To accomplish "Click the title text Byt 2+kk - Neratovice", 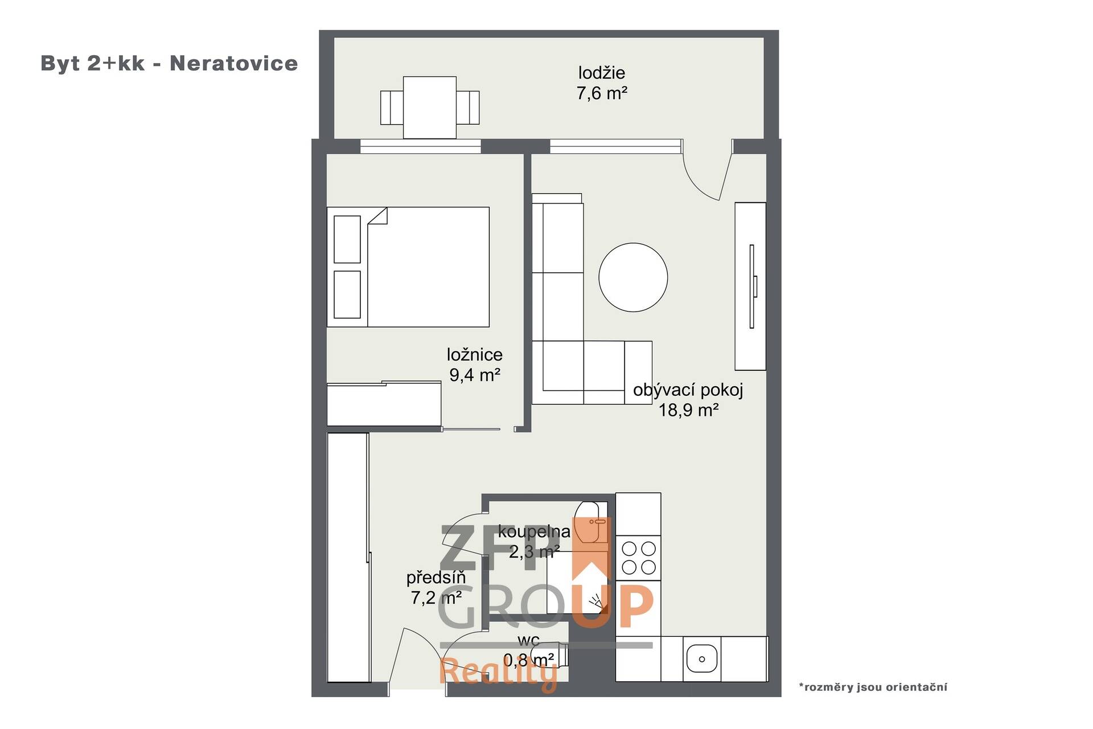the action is click(169, 63).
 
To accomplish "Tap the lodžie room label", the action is click(602, 73).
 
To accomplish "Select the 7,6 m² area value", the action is click(602, 93).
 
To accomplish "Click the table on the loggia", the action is click(430, 108).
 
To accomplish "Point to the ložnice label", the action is click(475, 355).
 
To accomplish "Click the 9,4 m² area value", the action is click(475, 375).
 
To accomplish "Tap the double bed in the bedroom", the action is click(408, 267).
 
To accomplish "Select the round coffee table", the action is click(633, 277).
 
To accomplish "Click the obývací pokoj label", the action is click(688, 390).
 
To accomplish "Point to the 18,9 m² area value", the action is click(688, 410).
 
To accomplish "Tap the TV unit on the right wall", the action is click(750, 286).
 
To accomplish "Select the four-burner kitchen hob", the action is click(638, 558).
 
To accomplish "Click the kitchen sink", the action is click(701, 659).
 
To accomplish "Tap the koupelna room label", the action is click(534, 532).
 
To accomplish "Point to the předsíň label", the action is click(436, 578).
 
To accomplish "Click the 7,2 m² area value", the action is click(436, 597).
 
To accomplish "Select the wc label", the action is click(529, 641).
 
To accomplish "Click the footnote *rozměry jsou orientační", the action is click(873, 687).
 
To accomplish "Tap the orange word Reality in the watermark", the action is click(499, 673).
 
